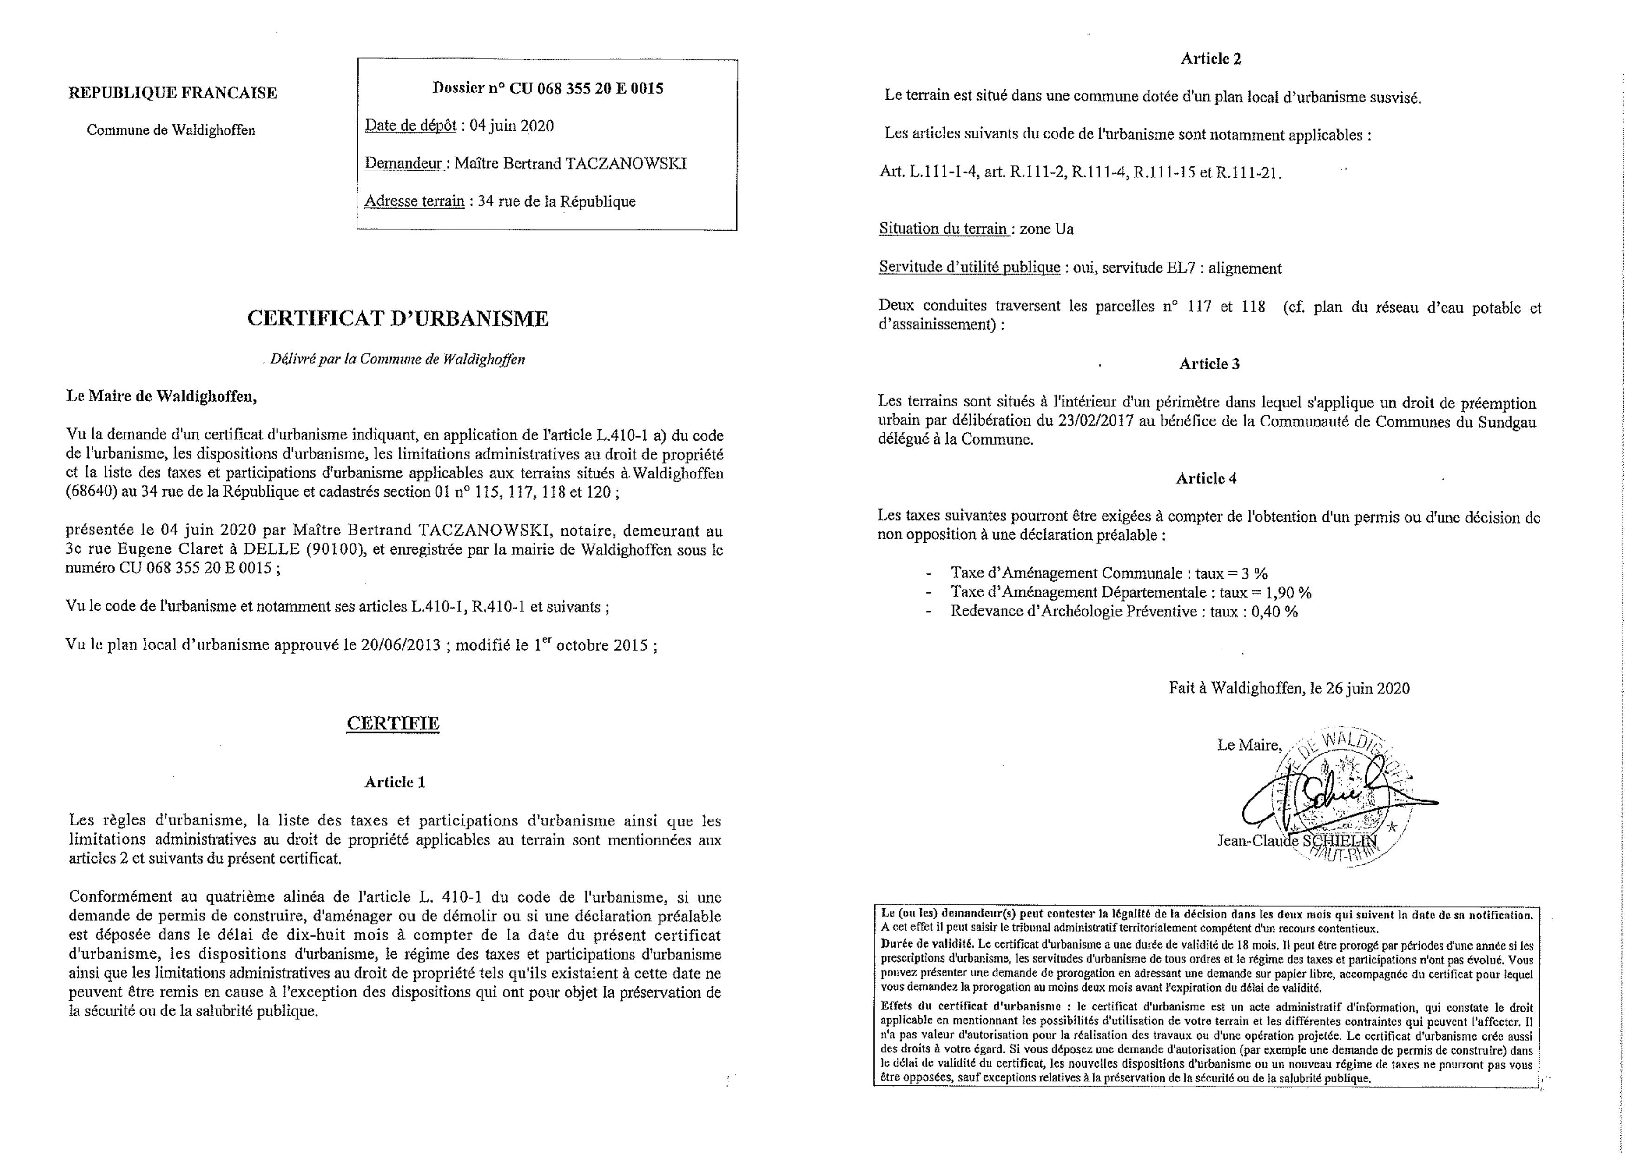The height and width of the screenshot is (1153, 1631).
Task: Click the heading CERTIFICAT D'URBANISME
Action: [398, 319]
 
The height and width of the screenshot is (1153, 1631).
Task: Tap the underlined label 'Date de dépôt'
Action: [410, 126]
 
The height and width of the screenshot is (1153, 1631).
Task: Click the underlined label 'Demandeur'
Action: [403, 164]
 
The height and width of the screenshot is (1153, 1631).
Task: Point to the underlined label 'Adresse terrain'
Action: [414, 202]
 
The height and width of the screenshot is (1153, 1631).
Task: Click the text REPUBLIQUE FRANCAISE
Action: [172, 93]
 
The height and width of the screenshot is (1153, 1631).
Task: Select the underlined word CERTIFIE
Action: [393, 723]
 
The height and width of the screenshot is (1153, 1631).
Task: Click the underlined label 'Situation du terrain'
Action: [943, 229]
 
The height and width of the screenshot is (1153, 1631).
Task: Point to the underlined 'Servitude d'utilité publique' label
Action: [969, 268]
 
